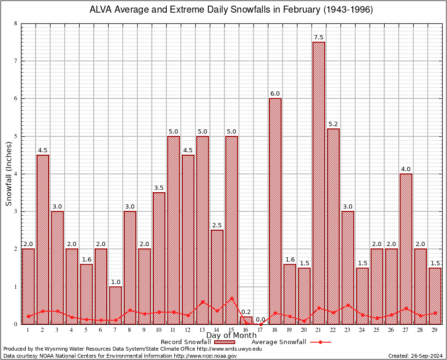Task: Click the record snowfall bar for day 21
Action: coord(319,183)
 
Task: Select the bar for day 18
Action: coord(275,211)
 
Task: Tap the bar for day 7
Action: coord(115,305)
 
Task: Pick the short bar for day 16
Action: coord(246,320)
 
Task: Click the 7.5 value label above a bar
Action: coord(319,37)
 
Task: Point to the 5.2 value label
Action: coord(333,124)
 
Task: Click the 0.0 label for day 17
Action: coord(261,320)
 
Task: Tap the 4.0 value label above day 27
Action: coord(406,169)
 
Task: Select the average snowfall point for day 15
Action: coord(231,298)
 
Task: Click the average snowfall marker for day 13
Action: coord(202,302)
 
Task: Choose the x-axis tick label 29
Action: coord(435,330)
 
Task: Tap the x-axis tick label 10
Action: coord(159,330)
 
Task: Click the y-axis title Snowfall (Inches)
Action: coord(9,174)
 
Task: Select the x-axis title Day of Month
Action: coord(231,336)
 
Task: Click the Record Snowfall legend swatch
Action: coord(224,342)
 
